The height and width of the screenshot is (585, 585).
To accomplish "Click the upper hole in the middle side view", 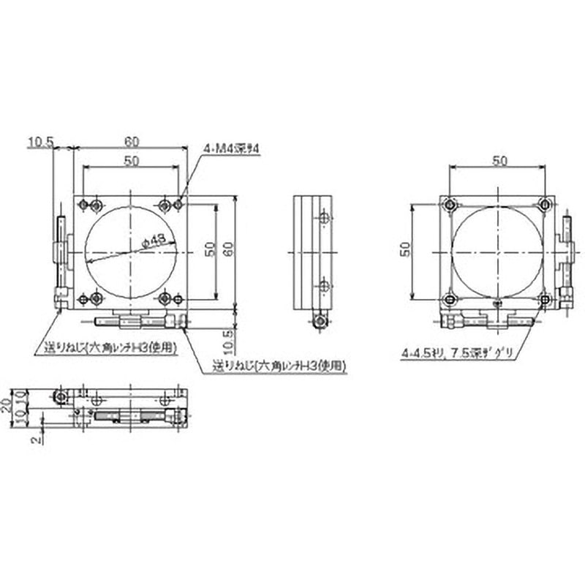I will pyautogui.click(x=325, y=217).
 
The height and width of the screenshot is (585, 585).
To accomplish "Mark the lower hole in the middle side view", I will pyautogui.click(x=325, y=285).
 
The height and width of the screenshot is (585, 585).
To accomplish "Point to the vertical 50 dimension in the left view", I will pyautogui.click(x=210, y=250).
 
